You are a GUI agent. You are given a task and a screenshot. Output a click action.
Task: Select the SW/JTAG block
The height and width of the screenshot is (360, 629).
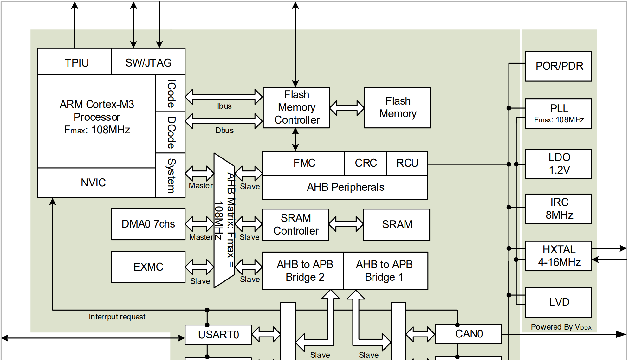click(148, 62)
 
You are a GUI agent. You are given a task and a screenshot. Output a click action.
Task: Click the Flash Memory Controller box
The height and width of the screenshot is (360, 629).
click(296, 108)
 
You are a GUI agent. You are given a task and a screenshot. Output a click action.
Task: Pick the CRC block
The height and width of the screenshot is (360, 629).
click(366, 163)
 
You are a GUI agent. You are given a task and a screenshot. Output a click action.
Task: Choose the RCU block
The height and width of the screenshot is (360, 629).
click(407, 163)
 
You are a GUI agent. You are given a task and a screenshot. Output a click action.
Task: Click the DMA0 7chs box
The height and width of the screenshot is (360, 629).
click(148, 224)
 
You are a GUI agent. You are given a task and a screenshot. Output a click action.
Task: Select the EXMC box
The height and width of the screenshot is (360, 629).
click(148, 267)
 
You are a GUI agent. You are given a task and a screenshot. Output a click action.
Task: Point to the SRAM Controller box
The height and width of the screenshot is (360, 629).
click(295, 225)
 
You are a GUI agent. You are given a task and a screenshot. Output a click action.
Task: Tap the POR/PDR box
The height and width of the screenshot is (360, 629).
click(559, 66)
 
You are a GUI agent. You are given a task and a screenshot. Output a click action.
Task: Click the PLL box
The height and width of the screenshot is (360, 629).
click(559, 113)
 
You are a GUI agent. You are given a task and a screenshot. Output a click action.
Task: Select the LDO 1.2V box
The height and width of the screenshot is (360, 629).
click(559, 164)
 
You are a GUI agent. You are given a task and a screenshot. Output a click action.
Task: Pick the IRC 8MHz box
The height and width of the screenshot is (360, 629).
click(559, 209)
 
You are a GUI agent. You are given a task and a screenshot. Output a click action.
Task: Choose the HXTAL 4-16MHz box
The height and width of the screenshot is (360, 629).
click(559, 256)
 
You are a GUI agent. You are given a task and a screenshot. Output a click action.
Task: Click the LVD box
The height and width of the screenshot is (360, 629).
click(559, 302)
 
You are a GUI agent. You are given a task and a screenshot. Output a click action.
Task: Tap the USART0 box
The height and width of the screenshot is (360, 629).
click(218, 335)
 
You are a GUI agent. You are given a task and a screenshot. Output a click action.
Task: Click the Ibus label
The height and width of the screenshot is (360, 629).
click(224, 106)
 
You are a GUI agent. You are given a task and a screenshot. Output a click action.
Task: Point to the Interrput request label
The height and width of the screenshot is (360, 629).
click(117, 317)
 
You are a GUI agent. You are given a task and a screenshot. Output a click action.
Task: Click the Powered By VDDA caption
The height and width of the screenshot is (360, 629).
click(561, 327)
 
